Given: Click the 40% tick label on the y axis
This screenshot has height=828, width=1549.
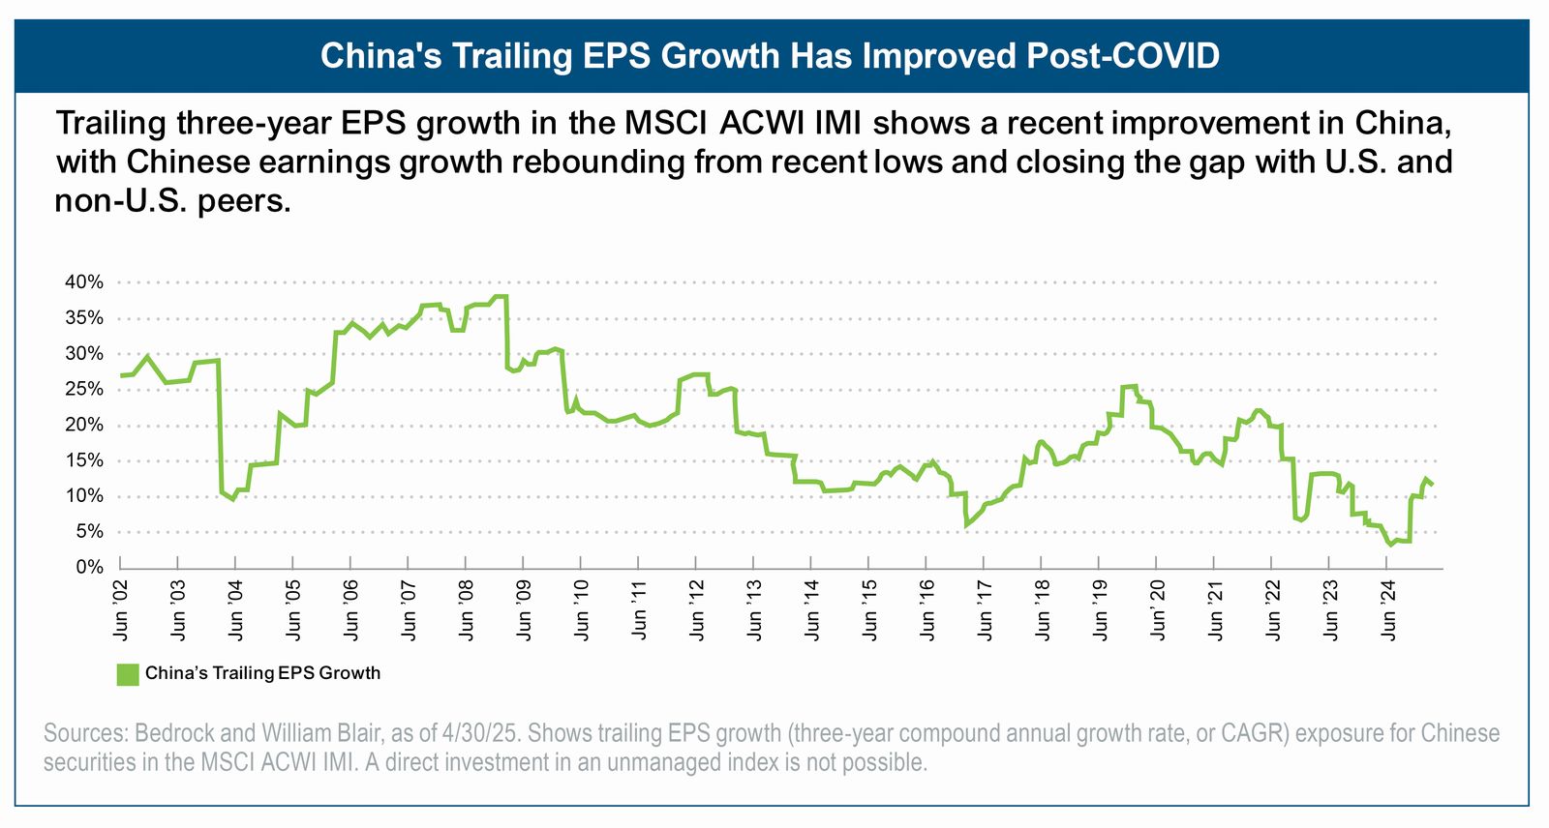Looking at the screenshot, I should tap(84, 282).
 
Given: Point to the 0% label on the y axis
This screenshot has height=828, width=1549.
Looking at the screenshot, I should tap(89, 567).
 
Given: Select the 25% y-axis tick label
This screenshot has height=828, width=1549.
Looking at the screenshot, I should tap(84, 389).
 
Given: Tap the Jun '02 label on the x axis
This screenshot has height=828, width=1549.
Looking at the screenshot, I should tap(120, 611).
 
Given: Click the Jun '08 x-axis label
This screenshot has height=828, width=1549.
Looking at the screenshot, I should tap(466, 611).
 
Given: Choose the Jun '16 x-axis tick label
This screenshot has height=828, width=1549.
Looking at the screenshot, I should tap(926, 611).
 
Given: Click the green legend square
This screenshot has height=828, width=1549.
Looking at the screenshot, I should tap(127, 674).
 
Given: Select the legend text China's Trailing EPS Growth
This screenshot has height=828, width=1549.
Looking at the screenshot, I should tap(262, 673).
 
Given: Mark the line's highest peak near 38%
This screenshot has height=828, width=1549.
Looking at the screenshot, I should tap(500, 296).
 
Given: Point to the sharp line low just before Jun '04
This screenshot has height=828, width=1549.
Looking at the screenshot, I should tap(232, 499).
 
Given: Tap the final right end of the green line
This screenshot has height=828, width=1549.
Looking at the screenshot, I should tap(1433, 484).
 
